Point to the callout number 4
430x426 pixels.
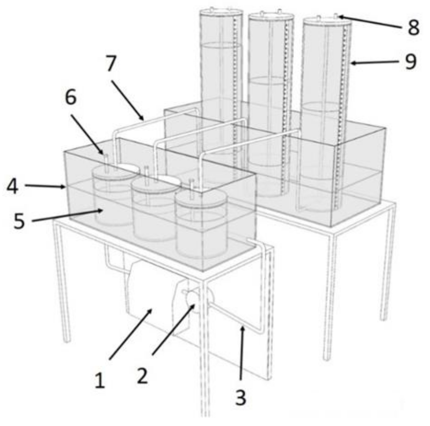12,186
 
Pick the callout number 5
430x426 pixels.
19,221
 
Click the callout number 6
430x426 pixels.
71,97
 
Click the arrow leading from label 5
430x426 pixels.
68,215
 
